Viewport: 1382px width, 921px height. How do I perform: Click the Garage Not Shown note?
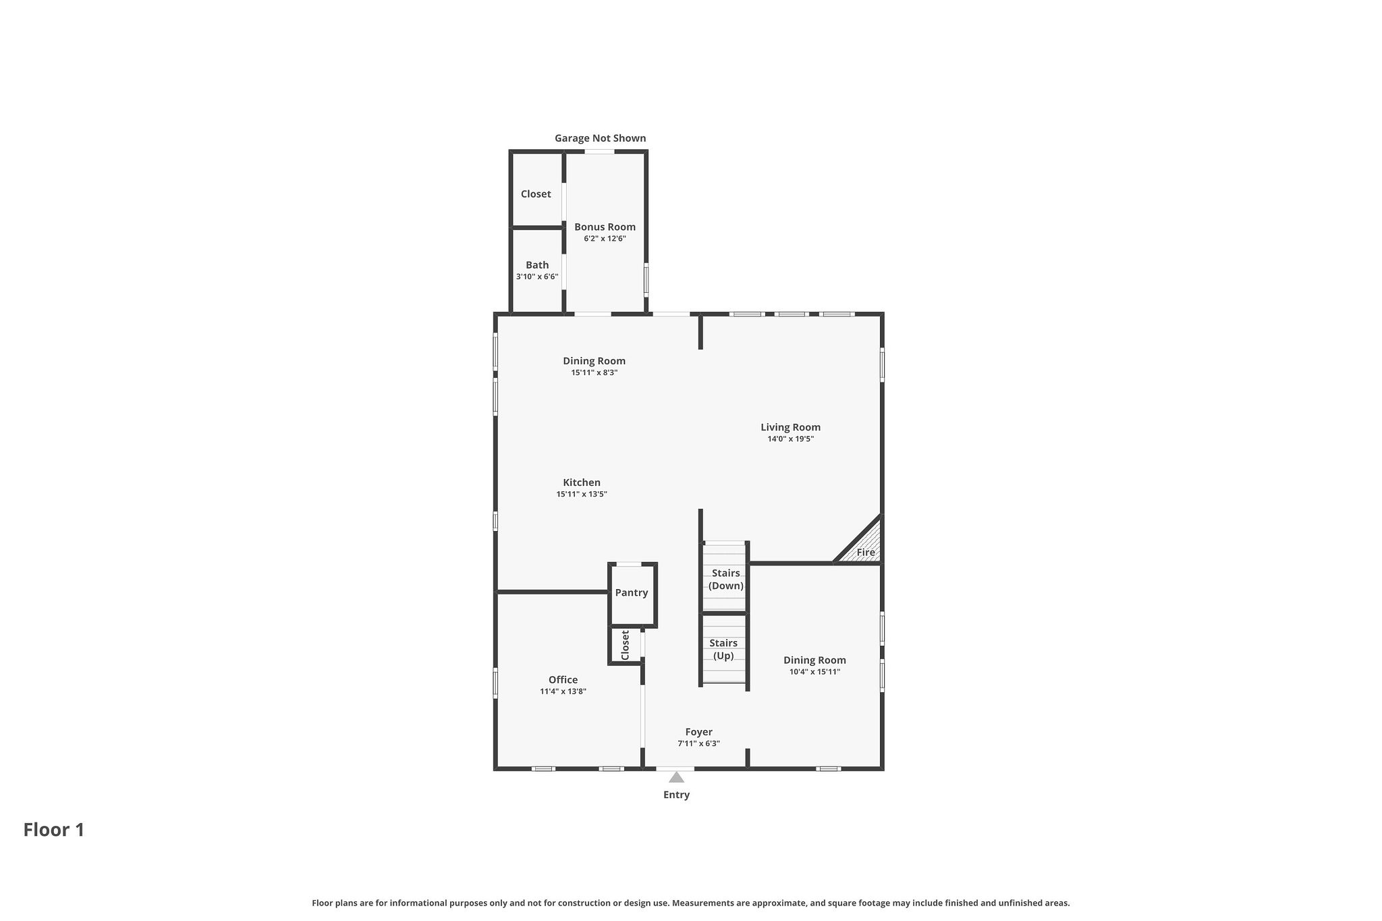(x=600, y=138)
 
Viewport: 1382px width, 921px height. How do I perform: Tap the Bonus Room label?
(x=605, y=227)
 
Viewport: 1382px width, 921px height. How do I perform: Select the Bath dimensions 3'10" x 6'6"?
(x=537, y=277)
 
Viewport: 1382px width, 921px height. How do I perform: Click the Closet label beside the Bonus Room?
(x=536, y=194)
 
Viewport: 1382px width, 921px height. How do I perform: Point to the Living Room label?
(x=790, y=427)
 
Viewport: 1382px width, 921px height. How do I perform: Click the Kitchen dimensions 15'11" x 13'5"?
(x=582, y=494)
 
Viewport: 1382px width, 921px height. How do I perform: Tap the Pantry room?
(x=632, y=593)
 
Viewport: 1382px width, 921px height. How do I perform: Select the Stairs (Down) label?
(x=725, y=580)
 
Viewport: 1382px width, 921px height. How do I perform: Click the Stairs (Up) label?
(x=723, y=649)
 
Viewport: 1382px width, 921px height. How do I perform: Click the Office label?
(x=563, y=680)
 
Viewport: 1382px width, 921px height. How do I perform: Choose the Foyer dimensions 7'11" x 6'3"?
(x=698, y=744)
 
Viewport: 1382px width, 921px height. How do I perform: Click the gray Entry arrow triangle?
(x=676, y=777)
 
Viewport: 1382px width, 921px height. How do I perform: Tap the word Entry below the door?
(x=676, y=795)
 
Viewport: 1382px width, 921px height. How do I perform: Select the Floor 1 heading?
(x=54, y=830)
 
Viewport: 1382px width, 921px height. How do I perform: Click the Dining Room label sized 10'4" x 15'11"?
(x=814, y=661)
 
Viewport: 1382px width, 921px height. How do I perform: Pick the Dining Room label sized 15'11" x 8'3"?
(x=594, y=361)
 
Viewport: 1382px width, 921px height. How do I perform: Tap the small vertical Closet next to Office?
(x=625, y=646)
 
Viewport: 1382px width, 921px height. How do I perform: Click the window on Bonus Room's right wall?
(x=646, y=279)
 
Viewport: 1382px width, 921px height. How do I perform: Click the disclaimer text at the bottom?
(x=690, y=903)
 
